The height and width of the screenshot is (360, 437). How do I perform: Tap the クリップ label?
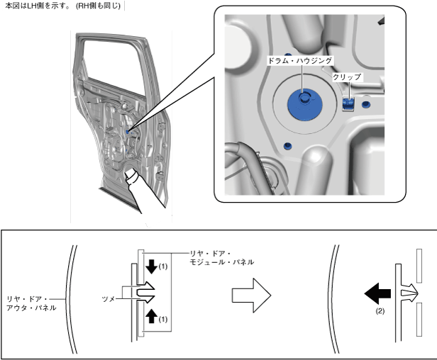click(x=347, y=77)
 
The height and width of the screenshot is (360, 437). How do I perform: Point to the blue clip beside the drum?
click(x=348, y=104)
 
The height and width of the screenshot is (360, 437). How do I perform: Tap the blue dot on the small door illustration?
click(x=127, y=130)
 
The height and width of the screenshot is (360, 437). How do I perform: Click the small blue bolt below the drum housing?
click(x=287, y=146)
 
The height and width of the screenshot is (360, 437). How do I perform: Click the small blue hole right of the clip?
click(x=365, y=105)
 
